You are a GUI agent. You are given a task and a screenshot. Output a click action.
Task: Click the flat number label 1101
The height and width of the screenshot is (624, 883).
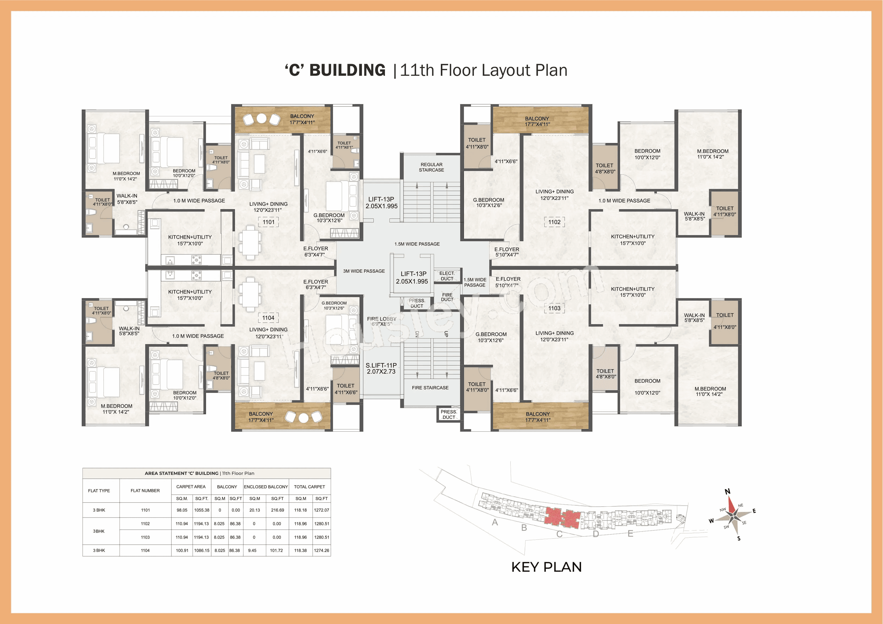(269, 222)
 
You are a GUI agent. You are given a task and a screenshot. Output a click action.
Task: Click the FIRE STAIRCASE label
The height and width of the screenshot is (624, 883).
(430, 388)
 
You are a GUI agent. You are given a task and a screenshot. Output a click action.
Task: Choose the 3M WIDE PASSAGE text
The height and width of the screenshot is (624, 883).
(364, 271)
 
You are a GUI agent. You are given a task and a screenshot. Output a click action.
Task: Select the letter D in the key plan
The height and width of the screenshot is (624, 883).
(596, 534)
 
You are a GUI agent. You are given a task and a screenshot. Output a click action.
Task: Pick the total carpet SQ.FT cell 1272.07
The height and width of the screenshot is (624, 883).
(321, 510)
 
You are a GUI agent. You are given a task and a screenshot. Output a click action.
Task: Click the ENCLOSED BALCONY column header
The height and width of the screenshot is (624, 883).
(266, 487)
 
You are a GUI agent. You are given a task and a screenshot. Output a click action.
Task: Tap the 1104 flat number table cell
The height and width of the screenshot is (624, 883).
(145, 551)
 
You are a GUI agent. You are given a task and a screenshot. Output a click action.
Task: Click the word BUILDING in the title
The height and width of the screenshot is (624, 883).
(347, 70)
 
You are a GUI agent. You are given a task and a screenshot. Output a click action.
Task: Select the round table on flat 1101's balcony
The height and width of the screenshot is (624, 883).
(262, 118)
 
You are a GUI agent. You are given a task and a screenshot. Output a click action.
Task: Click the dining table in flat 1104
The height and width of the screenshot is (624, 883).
(250, 294)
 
